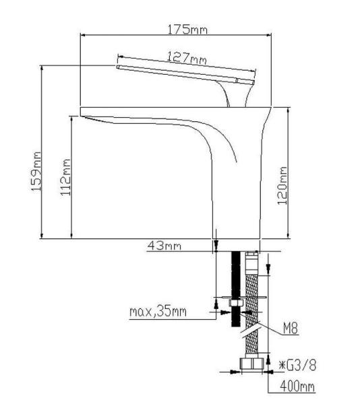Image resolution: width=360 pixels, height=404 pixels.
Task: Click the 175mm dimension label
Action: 188,29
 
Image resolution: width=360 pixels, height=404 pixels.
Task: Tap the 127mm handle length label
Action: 187,59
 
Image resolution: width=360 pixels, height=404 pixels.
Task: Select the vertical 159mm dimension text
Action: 38,172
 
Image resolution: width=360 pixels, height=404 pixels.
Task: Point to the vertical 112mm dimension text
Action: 66,176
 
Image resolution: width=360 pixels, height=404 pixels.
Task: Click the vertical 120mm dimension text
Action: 283,185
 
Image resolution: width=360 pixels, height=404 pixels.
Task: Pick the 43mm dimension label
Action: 164,246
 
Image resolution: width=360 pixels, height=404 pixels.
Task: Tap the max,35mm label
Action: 159,312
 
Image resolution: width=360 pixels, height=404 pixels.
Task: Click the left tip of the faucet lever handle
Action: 119,67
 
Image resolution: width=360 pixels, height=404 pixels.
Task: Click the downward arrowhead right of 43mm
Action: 216,248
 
